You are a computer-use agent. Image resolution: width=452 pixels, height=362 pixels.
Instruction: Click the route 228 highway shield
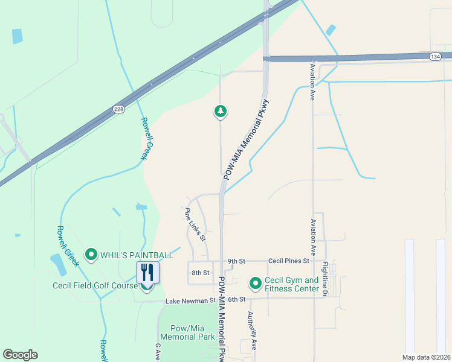pyautogui.click(x=120, y=109)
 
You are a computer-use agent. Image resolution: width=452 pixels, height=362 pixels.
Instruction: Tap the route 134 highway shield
pyautogui.click(x=435, y=56)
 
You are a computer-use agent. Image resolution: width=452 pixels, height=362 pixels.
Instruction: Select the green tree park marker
pyautogui.click(x=221, y=111)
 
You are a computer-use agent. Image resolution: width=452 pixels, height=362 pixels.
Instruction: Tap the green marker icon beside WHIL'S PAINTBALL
pyautogui.click(x=91, y=255)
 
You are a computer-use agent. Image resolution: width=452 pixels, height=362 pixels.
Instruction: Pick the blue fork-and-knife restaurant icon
pyautogui.click(x=147, y=272)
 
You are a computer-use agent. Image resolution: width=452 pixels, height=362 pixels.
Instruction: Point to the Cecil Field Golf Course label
pyautogui.click(x=95, y=286)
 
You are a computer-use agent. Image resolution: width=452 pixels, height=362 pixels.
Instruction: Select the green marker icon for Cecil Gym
pyautogui.click(x=256, y=282)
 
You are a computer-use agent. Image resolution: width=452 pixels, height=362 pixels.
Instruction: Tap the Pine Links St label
pyautogui.click(x=195, y=224)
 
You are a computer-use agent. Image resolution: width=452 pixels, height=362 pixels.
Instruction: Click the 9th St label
pyautogui.click(x=236, y=261)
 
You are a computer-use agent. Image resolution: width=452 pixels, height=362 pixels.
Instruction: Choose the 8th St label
pyautogui.click(x=200, y=273)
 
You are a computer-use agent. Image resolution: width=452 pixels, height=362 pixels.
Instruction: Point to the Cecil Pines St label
pyautogui.click(x=289, y=261)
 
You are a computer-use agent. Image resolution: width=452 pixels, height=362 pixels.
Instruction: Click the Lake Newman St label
pyautogui.click(x=190, y=300)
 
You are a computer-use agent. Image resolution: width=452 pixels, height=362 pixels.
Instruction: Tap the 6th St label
pyautogui.click(x=237, y=299)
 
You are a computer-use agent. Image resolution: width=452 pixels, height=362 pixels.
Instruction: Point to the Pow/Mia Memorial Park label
pyautogui.click(x=187, y=332)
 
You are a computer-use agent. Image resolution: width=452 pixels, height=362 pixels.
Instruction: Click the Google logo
pyautogui.click(x=20, y=354)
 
